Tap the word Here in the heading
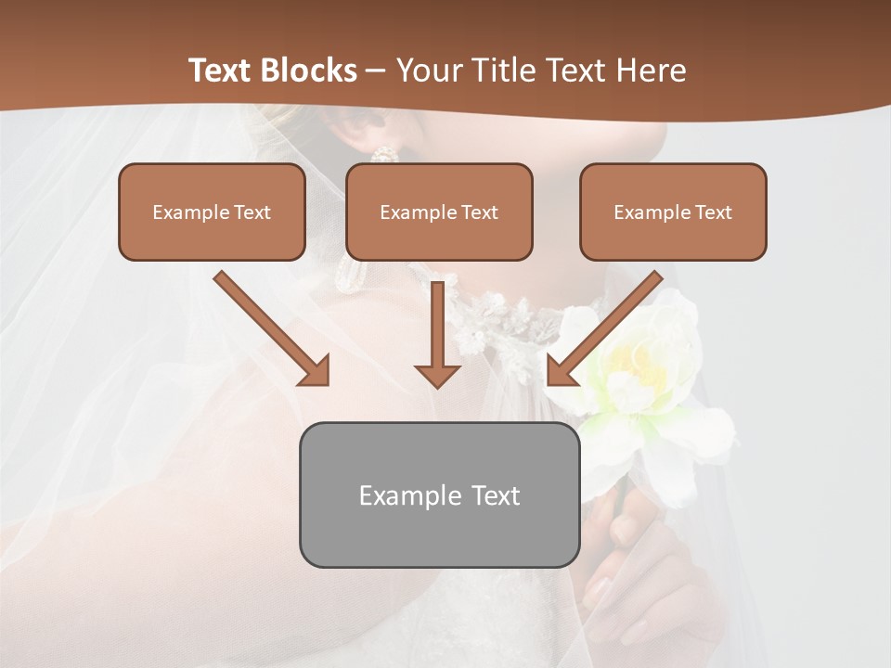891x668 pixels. tap(651, 71)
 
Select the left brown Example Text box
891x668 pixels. tap(212, 212)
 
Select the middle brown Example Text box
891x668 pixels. tap(439, 212)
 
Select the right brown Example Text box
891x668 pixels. tap(673, 212)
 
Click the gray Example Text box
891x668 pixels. tap(439, 495)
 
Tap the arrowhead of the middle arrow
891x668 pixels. tap(437, 375)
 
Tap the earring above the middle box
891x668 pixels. tap(384, 154)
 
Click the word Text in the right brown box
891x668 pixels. tap(713, 212)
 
